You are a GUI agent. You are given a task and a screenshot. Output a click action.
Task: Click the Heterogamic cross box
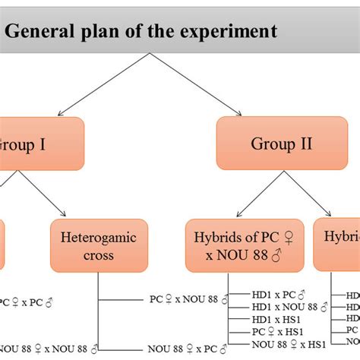98,245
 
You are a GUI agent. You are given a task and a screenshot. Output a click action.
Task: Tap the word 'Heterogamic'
98,237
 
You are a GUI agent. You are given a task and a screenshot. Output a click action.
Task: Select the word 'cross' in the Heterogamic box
98,254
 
